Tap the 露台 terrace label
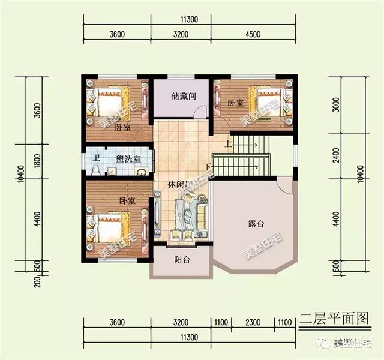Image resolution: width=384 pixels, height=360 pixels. pyautogui.click(x=256, y=224)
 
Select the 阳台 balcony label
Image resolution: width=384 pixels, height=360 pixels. pyautogui.click(x=182, y=260)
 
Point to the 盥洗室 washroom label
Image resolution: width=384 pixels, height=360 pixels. pyautogui.click(x=128, y=159)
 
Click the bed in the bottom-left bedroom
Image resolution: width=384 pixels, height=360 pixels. pyautogui.click(x=110, y=230)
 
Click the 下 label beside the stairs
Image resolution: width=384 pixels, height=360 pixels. pyautogui.click(x=208, y=166)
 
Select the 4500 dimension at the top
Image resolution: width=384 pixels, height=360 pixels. pyautogui.click(x=253, y=34)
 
